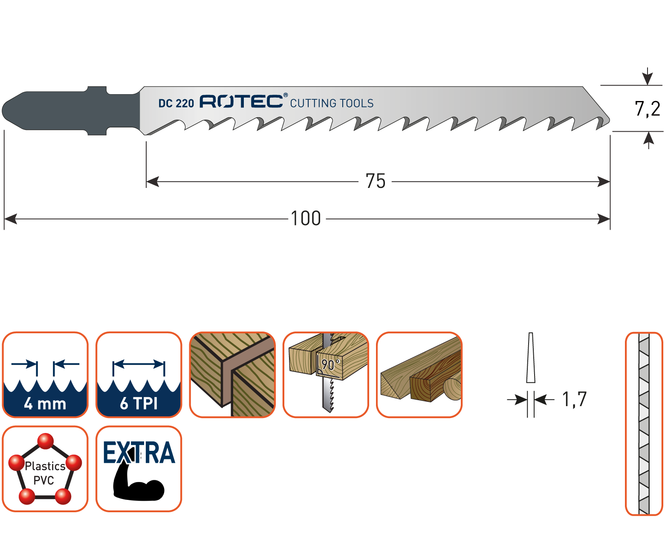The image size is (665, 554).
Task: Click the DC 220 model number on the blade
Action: tap(176, 103)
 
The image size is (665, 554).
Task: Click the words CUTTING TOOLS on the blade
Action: tap(332, 103)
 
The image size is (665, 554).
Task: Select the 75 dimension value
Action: tap(375, 182)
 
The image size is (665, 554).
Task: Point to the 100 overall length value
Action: tap(306, 219)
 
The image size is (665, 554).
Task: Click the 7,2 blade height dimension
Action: tap(648, 109)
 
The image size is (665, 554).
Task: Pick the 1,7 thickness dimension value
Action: tap(574, 399)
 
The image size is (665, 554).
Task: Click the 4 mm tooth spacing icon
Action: tap(45, 375)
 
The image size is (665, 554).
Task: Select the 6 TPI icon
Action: tap(139, 375)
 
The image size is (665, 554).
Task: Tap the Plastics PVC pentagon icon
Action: tap(45, 469)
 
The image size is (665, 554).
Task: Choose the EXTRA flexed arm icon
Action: tap(139, 469)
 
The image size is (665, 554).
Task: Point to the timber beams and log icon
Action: tap(419, 375)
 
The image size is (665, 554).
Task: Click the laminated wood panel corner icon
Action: tap(232, 375)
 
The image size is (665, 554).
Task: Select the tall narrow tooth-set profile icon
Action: tap(644, 424)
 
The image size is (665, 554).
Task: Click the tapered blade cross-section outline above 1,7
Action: tap(531, 358)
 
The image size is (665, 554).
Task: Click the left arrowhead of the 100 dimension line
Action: tap(11, 219)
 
